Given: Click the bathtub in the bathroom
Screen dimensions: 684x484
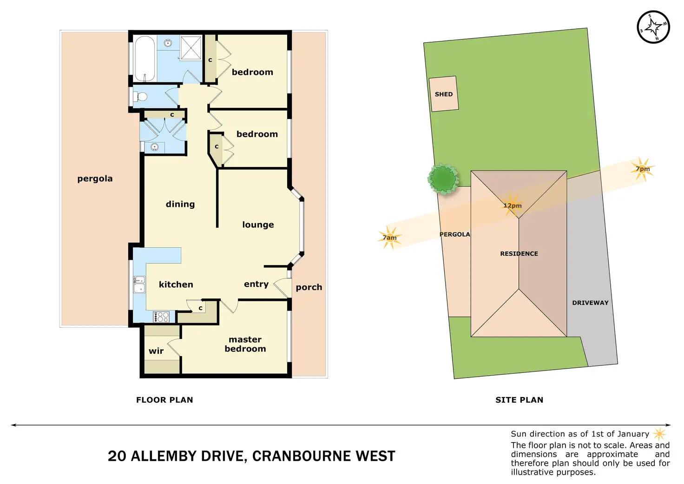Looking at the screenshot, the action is point(145,59).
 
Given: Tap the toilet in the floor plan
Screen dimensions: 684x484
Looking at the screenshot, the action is point(141,97).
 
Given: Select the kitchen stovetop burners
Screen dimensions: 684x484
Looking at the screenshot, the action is point(162,317).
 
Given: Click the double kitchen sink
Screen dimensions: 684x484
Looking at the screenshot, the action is point(139,284).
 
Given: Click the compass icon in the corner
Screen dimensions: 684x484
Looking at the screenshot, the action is point(653,27).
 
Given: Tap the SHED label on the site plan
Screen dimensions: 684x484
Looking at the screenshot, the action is point(443,94).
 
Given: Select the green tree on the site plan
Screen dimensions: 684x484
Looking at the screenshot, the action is point(443,179).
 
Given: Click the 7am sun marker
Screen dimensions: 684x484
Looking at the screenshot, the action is point(390,238).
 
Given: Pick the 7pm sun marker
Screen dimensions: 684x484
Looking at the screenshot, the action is point(643,169).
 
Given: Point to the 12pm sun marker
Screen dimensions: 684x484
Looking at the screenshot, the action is point(512,206).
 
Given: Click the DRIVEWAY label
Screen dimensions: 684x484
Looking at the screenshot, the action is point(590,303).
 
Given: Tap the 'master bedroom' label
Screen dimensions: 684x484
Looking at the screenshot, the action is point(245,344).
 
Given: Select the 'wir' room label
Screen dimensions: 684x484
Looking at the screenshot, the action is point(156,351).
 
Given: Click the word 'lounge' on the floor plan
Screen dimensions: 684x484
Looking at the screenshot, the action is point(258,225).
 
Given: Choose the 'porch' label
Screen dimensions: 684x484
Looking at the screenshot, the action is point(309,287).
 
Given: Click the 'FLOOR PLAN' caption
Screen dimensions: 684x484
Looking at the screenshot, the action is point(164,400).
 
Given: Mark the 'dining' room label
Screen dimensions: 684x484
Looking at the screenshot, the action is point(180,204).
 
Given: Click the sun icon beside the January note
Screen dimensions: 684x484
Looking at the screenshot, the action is point(659,434).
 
